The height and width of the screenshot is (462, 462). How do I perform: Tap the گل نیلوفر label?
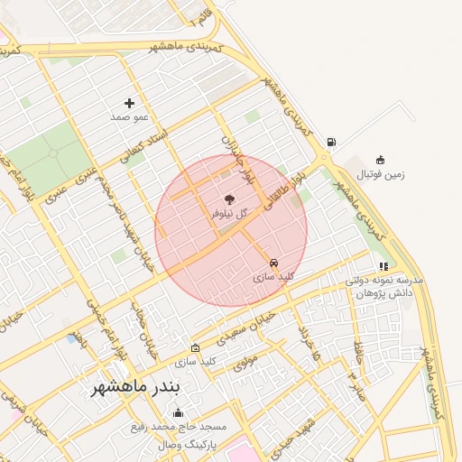[x=229, y=214]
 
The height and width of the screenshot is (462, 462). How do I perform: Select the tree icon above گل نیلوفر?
[x=229, y=199]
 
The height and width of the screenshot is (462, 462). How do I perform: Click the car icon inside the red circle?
[x=273, y=263]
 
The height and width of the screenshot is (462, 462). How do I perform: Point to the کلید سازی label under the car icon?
[x=273, y=277]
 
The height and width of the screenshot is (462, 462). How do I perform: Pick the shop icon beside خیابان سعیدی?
[x=196, y=347]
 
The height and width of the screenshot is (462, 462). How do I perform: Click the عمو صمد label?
[x=129, y=117]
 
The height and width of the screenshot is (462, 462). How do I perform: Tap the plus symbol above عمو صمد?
[x=129, y=103]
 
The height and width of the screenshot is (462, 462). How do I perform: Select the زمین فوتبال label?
[x=381, y=173]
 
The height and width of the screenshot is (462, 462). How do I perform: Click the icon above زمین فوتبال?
[x=380, y=160]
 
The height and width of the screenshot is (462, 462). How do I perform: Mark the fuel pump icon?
[x=332, y=142]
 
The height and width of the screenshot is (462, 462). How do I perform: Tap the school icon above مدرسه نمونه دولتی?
[x=383, y=266]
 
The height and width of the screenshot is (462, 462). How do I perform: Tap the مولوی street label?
[x=245, y=364]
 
